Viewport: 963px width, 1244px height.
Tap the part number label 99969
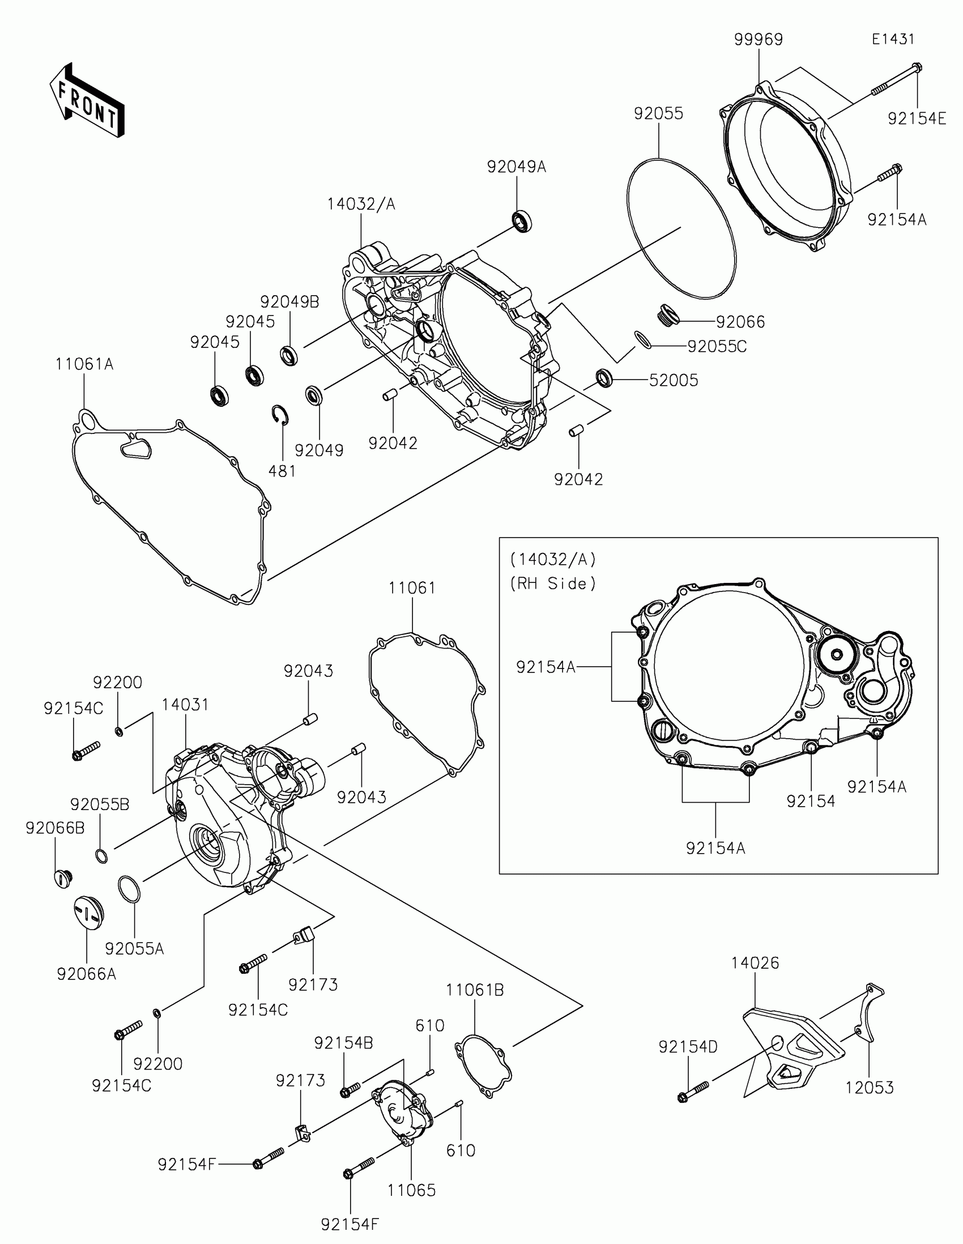click(758, 40)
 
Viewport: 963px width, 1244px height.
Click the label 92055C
click(717, 347)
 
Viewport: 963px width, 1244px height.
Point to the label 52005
click(674, 381)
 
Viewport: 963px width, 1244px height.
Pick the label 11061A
click(84, 364)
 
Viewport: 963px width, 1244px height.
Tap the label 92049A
click(516, 167)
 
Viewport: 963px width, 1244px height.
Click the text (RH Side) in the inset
click(552, 584)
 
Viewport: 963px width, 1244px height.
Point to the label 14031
click(185, 705)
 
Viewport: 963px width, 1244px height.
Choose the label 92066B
click(55, 828)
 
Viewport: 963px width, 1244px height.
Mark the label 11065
click(411, 1190)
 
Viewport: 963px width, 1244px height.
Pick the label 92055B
click(100, 804)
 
